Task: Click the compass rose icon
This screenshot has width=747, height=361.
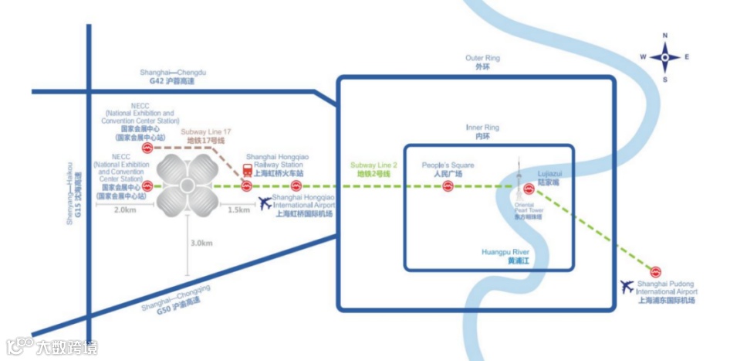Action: point(665,57)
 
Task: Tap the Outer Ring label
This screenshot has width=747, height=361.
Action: point(483,63)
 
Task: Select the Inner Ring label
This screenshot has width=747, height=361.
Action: point(483,131)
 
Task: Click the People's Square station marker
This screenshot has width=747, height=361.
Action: point(448,186)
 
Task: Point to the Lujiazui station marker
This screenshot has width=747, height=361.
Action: point(529,189)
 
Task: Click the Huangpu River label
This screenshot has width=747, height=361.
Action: point(508,256)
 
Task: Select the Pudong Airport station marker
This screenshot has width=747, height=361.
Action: point(655,271)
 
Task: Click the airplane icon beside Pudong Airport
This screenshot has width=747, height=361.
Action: point(627,287)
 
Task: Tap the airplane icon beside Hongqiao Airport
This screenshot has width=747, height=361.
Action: point(265,203)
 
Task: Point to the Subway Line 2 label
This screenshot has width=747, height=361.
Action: point(373,170)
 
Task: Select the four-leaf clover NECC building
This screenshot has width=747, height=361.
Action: point(187,186)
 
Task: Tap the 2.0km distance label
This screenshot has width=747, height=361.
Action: point(124,209)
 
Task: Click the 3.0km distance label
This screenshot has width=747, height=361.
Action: point(201,243)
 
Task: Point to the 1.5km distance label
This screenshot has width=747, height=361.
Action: point(239,209)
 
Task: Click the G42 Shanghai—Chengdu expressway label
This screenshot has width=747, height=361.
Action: point(177,77)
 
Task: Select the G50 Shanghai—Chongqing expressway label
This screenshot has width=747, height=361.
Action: point(176,301)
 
